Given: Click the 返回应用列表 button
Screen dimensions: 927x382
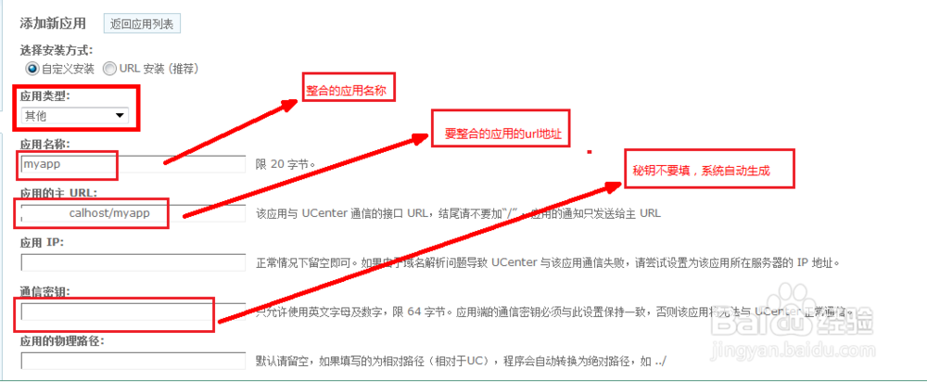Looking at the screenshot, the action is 141,22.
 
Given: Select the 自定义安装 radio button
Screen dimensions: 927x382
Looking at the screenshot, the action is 32,69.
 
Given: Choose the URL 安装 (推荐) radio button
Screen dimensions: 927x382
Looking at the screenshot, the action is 110,69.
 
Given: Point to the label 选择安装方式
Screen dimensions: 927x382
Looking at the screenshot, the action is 55,50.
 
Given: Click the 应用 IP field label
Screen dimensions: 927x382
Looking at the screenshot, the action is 43,243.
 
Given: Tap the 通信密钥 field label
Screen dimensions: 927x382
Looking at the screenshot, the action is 44,292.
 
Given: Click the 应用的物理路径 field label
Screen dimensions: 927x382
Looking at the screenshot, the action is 61,341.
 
